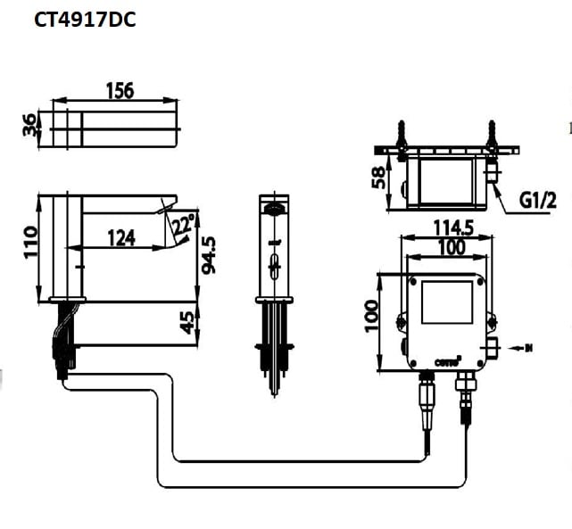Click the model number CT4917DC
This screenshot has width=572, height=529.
pos(85,19)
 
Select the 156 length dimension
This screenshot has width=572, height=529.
pos(119,90)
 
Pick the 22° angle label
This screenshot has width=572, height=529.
pos(185,224)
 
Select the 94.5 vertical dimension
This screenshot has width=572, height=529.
pos(207,256)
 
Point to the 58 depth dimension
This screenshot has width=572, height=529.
pos(380,179)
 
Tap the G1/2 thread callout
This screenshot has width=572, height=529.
pos(536,201)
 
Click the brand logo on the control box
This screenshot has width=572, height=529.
pos(446,360)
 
